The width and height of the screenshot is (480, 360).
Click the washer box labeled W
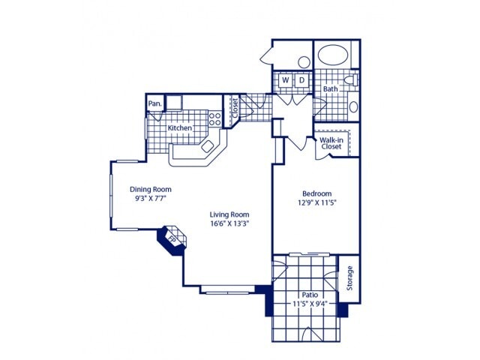tap(286, 80)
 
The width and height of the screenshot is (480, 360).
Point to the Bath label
tap(330, 89)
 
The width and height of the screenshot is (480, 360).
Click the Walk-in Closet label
tap(331, 142)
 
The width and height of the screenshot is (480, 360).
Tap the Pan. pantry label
tap(154, 103)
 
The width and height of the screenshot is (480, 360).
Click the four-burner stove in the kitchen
tap(214, 118)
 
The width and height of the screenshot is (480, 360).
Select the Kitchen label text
tap(180, 128)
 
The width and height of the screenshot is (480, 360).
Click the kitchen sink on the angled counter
tap(208, 146)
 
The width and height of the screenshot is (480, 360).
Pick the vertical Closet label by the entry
tap(234, 109)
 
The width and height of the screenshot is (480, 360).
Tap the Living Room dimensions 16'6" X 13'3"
tap(229, 223)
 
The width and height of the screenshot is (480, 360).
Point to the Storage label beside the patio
tap(349, 278)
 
